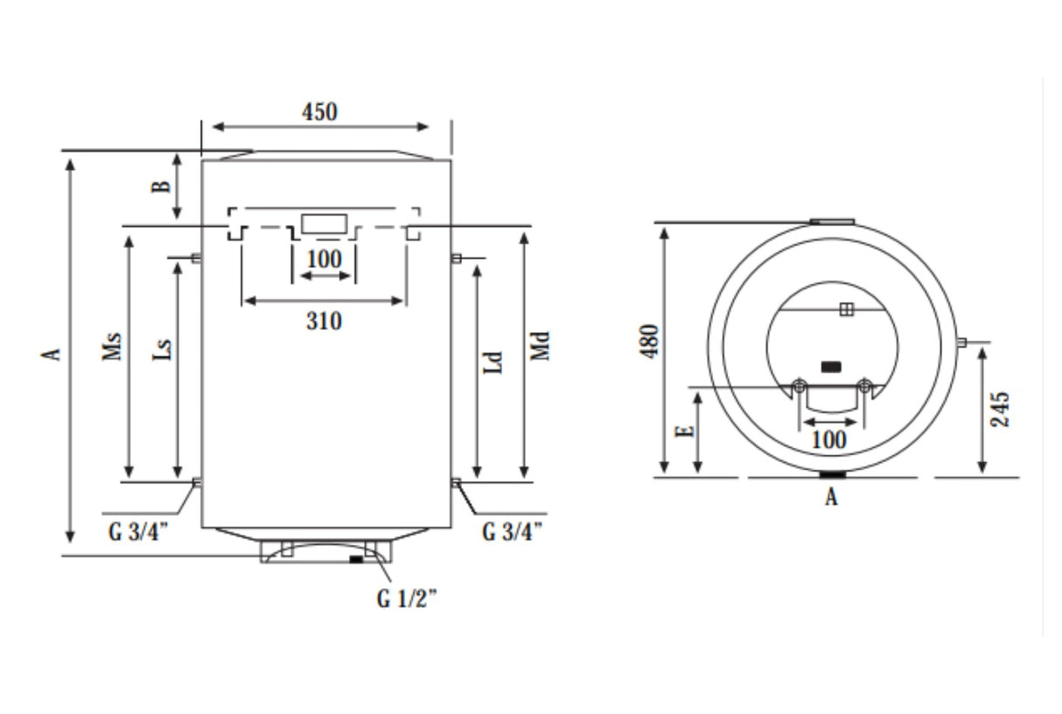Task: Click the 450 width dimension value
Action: (319, 112)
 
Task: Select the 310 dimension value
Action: (324, 321)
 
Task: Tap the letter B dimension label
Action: (161, 187)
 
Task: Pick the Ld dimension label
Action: (494, 362)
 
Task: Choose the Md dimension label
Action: (541, 345)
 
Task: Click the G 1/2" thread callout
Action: (407, 599)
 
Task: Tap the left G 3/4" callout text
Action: (139, 532)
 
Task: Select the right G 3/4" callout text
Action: (513, 532)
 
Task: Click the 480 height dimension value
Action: (649, 341)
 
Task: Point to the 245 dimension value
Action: (1003, 408)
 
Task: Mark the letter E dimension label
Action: (687, 429)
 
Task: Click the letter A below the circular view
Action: (832, 499)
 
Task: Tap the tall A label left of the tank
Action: (53, 353)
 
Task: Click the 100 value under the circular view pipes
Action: (829, 439)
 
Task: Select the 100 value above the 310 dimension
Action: (325, 260)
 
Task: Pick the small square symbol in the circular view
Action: (846, 309)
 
